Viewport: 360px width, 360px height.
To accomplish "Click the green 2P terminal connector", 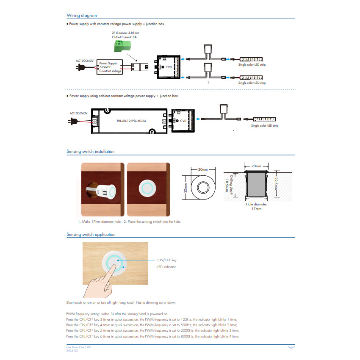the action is (122, 46).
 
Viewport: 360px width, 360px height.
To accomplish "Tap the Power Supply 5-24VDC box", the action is (110, 67).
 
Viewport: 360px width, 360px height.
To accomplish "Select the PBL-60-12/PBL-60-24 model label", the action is (131, 121).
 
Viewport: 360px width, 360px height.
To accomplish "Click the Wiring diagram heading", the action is (82, 15).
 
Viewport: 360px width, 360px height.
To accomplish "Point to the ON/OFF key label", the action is (167, 260).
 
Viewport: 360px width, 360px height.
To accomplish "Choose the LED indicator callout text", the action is (166, 267).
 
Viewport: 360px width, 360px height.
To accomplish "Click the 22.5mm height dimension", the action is (276, 183).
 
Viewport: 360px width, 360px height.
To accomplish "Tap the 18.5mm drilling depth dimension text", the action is (227, 186).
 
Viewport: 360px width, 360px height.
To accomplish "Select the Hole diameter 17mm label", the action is (257, 206).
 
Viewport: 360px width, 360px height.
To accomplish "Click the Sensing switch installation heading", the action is (91, 152).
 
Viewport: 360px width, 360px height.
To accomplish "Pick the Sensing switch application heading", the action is (91, 234).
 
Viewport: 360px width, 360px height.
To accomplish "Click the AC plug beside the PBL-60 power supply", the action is (72, 121).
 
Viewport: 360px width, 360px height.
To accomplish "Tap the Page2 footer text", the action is (291, 347).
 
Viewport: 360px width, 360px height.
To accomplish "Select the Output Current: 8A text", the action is (124, 37).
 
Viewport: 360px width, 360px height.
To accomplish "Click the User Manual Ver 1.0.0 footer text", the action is (79, 347).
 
